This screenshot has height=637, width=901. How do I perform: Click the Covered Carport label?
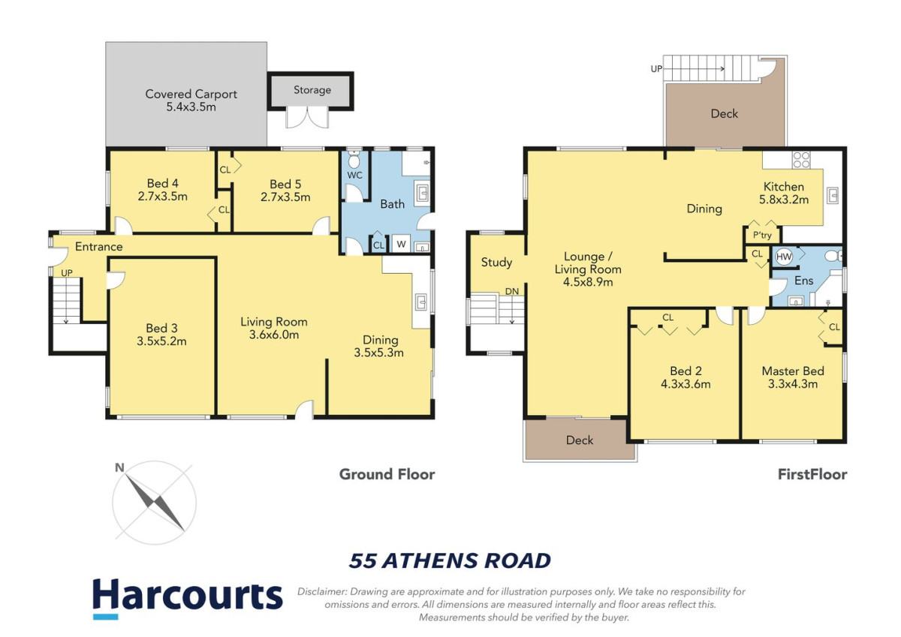tap(191, 94)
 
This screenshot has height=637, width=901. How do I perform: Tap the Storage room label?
tap(312, 90)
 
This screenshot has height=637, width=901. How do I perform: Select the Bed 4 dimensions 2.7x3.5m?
tap(162, 197)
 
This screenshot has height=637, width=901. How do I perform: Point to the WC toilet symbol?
tap(354, 161)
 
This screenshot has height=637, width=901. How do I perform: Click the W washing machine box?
tap(401, 244)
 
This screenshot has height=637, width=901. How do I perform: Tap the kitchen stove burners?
tap(801, 160)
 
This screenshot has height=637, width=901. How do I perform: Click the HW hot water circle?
tap(784, 257)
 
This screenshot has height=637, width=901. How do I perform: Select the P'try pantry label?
tap(762, 235)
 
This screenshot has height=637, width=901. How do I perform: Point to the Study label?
tap(496, 263)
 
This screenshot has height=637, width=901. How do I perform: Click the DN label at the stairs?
tap(512, 291)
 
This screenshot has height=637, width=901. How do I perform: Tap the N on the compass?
tap(119, 467)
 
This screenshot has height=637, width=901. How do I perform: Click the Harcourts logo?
tap(188, 599)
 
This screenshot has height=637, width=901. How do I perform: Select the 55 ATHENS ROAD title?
tap(450, 560)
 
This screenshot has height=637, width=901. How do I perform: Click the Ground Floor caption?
tap(387, 474)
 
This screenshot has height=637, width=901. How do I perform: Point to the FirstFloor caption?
tap(812, 474)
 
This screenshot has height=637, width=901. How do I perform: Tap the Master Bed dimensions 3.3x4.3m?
tap(793, 384)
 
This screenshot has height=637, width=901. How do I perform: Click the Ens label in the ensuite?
tap(803, 281)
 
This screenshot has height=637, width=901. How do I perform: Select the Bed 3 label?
tap(161, 328)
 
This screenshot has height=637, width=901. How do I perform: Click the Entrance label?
tap(99, 246)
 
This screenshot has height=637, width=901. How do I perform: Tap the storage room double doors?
tap(307, 118)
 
